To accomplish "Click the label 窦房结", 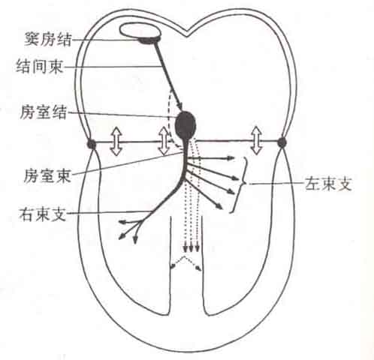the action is pos(47,40).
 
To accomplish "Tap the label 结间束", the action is pos(39,67).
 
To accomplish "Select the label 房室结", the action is pos(43,112).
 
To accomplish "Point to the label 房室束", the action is pos(47,175).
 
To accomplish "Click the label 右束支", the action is pos(43,214).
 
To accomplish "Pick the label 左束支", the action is pos(328,184).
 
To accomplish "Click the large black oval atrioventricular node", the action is pos(185,124).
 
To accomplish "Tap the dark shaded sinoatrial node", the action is pos(149,40).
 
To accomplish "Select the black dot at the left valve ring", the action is pos(92,144).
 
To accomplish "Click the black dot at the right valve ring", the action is pos(282,142).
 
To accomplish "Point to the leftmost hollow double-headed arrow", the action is pos(116,141).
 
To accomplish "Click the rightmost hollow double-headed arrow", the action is pos(256,140).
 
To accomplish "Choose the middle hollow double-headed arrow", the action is pos(164,141).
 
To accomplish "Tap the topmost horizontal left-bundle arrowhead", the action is pos(231,158).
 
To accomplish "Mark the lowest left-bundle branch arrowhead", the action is pos(219,206).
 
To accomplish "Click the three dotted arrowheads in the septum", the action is pos(191,248).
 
